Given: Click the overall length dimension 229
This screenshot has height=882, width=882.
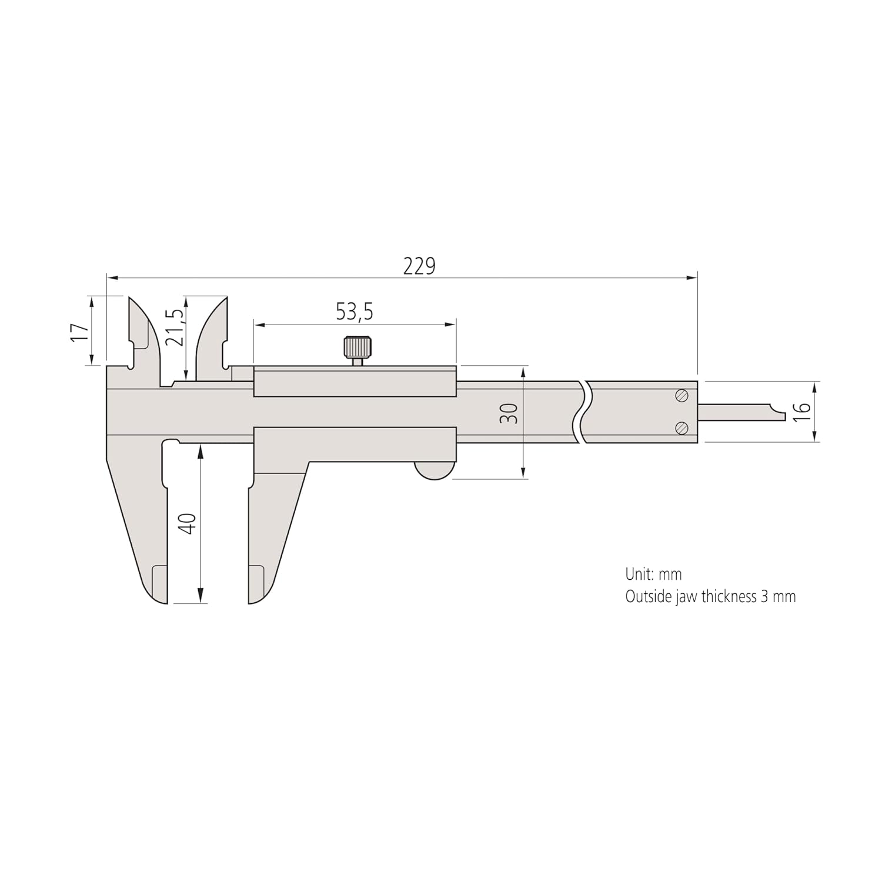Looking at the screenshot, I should pyautogui.click(x=419, y=266).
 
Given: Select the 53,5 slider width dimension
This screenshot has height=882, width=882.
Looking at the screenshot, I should pyautogui.click(x=355, y=312).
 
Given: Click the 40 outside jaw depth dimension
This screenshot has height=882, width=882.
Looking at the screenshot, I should pyautogui.click(x=188, y=523).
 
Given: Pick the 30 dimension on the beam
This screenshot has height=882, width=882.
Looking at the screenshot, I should pyautogui.click(x=511, y=413).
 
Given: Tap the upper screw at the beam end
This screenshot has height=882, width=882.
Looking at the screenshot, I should pyautogui.click(x=682, y=396).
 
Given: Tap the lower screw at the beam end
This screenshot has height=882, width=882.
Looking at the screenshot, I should pyautogui.click(x=682, y=428).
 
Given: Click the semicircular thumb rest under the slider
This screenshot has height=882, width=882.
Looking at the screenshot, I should pyautogui.click(x=435, y=470).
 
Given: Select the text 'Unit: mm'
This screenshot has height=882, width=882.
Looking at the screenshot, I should pyautogui.click(x=653, y=574).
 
